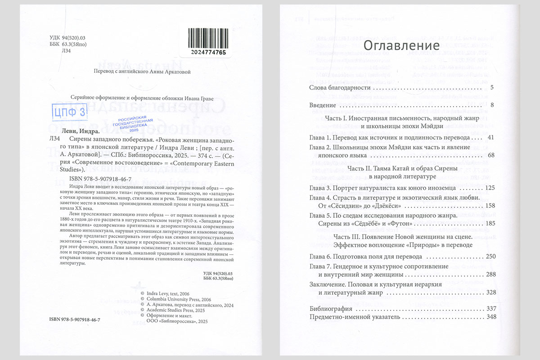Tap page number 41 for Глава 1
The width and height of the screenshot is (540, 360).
[490, 137]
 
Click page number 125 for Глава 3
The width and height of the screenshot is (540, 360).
[489, 187]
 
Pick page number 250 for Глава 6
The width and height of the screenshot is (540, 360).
[490, 256]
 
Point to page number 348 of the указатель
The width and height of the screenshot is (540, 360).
[490, 317]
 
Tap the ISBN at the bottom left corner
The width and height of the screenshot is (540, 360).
[75, 319]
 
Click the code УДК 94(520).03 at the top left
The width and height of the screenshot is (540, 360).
[66, 38]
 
